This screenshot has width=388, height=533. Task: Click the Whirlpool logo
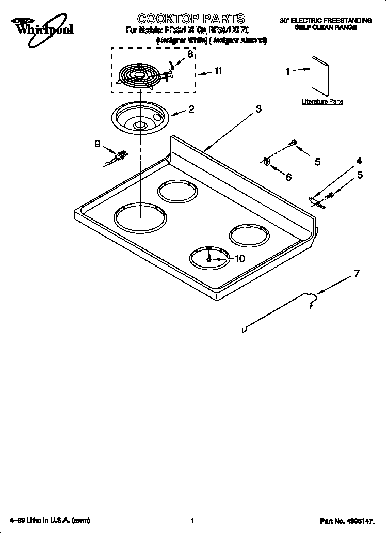tap(37, 26)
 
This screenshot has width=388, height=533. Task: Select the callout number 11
tap(218, 71)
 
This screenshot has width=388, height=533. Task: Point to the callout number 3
tap(259, 108)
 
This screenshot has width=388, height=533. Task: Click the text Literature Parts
tap(322, 102)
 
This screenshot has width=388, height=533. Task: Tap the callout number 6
tap(288, 177)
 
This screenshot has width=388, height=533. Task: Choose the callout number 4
tap(359, 161)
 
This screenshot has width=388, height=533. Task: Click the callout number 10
tap(239, 259)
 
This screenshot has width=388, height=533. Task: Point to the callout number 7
tap(356, 273)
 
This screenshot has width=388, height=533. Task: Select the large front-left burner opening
tap(140, 216)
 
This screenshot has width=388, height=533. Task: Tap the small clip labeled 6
tap(267, 162)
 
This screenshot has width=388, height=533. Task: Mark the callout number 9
tap(97, 144)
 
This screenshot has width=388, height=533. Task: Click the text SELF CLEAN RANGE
tap(326, 27)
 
